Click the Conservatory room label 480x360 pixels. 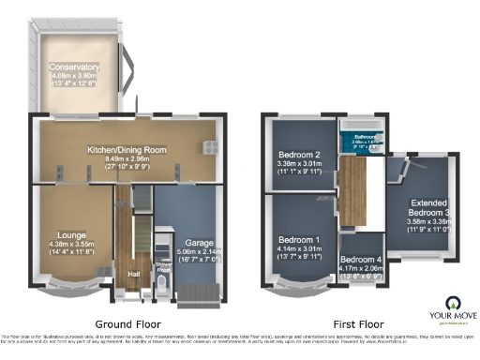tap(76, 67)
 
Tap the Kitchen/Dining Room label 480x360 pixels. tap(127, 149)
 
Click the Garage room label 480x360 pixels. tap(196, 242)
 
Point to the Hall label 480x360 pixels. tap(134, 275)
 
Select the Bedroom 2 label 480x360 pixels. tap(301, 155)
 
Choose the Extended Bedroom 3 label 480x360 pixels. tap(431, 207)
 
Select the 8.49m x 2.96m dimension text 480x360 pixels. tap(127, 158)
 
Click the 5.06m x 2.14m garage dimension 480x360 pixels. tap(196, 251)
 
